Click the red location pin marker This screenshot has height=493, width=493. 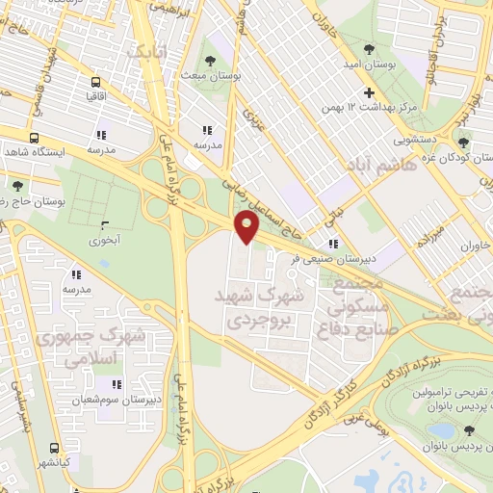(x=248, y=227)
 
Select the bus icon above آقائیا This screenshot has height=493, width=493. (x=95, y=82)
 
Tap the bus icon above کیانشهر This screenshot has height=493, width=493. (x=53, y=448)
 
